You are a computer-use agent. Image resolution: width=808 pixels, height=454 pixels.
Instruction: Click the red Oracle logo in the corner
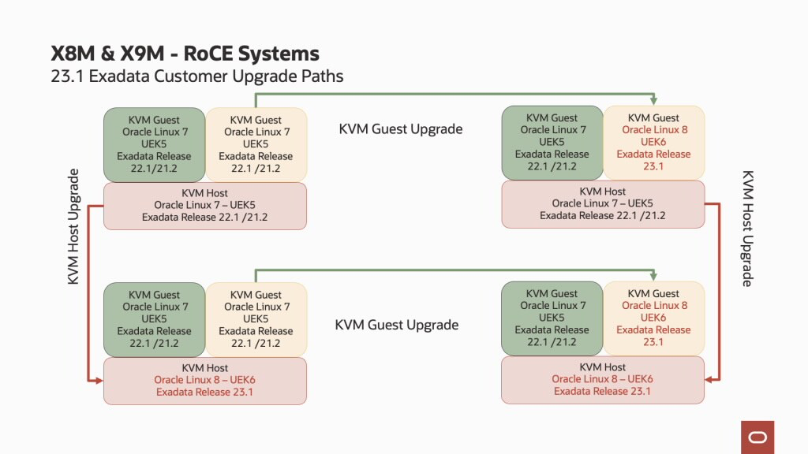[x=757, y=437]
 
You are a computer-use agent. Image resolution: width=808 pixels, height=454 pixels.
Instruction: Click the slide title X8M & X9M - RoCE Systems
[x=185, y=54]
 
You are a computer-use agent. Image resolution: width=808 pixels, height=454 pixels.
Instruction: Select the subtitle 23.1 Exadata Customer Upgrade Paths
[x=196, y=76]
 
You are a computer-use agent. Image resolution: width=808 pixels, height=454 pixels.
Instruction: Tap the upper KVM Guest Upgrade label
[x=401, y=128]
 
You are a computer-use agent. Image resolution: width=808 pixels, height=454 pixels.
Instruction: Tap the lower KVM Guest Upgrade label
[x=397, y=325]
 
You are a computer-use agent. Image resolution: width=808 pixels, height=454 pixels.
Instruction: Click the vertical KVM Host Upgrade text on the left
[x=73, y=226]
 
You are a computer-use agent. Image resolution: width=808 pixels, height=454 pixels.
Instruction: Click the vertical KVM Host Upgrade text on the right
[x=747, y=229]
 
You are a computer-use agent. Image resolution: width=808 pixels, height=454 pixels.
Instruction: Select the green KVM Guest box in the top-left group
[x=155, y=145]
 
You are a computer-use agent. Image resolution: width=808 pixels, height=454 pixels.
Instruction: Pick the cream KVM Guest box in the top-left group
[x=256, y=145]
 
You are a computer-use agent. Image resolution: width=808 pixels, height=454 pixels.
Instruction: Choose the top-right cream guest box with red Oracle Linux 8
[x=653, y=142]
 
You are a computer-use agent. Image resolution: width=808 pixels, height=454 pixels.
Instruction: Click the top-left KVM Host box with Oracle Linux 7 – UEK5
[x=205, y=206]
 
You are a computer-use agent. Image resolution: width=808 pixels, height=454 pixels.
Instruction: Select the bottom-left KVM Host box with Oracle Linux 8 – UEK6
[x=205, y=381]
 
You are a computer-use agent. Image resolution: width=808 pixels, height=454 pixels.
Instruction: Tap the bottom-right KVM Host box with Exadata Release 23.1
[x=603, y=379]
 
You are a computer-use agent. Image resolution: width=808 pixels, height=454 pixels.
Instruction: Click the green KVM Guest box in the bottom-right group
[x=552, y=318]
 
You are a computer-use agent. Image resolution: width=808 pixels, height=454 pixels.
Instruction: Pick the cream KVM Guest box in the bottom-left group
[x=256, y=319]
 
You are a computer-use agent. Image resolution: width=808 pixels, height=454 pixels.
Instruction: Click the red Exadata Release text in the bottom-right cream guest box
[x=653, y=329]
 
